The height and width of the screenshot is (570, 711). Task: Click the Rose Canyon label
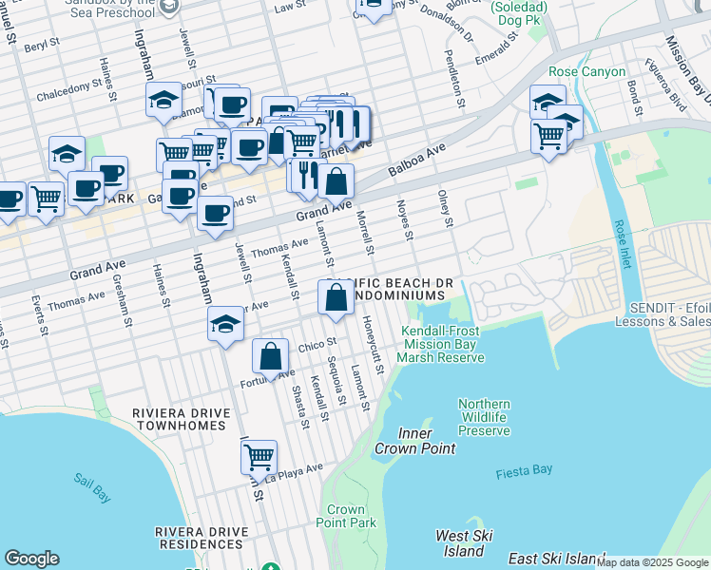(586, 71)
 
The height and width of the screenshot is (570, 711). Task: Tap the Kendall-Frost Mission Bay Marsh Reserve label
(440, 344)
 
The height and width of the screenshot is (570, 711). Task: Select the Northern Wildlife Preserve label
(484, 417)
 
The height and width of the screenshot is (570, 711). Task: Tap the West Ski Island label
(460, 543)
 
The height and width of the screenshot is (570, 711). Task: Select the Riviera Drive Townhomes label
(182, 421)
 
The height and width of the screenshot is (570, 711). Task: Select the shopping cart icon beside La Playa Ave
(259, 457)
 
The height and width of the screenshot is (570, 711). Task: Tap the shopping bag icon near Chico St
(271, 357)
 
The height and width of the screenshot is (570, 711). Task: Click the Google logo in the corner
(31, 559)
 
